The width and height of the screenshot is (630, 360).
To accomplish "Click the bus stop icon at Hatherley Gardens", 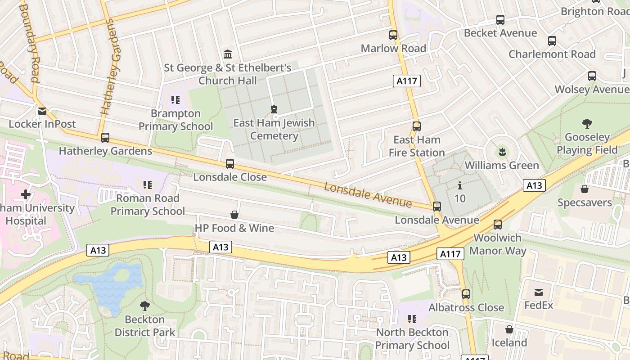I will pos(105,138).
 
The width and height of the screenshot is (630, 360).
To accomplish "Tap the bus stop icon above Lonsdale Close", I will pos(230,164).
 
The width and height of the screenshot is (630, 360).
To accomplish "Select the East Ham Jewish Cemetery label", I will pos(274,130).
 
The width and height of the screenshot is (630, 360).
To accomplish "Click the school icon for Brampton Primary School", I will pos(175,100).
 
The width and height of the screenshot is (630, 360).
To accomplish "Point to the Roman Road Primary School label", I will pos(148,205).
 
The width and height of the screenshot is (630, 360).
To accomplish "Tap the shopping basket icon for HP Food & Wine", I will pos(234,215).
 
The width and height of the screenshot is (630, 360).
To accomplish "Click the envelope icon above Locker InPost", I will pos(42,111).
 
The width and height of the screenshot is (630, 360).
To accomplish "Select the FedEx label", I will pos(539,306).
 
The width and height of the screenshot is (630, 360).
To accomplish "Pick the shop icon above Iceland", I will pos(509,329).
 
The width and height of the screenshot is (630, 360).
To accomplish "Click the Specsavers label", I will pos(585,202).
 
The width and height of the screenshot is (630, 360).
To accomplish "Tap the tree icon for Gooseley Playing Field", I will pos(587,124).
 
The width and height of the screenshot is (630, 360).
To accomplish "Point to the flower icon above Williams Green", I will pos(502,152).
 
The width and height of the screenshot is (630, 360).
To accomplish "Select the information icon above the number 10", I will pos(460,185).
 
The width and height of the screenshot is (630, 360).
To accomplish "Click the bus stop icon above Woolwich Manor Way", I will pos(498,225).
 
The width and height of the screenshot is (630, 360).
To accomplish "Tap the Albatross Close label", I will pos(466,308).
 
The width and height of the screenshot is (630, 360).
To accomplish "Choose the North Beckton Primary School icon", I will pos(412,319).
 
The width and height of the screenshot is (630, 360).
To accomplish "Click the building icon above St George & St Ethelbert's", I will pos(228,54).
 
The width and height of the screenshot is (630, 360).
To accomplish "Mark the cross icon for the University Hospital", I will pos(26,195).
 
